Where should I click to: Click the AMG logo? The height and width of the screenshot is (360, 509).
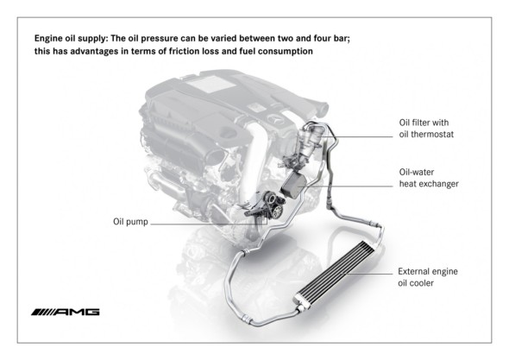pos(65,311)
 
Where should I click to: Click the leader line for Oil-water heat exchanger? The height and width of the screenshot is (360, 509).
pos(345,183)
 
